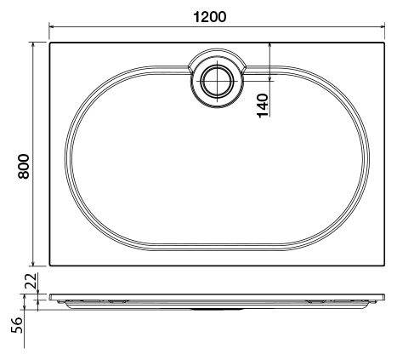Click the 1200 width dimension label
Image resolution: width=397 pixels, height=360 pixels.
click(x=213, y=16)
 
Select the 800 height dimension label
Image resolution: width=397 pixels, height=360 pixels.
click(x=24, y=166)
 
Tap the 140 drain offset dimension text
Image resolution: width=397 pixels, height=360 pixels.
click(x=264, y=106)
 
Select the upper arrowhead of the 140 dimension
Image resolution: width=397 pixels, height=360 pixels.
click(x=269, y=45)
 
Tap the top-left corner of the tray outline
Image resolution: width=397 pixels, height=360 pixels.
click(x=50, y=42)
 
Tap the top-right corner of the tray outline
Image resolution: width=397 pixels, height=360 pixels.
click(x=384, y=42)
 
